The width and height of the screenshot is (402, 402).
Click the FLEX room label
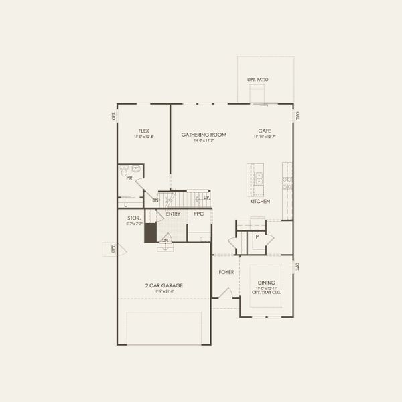(143, 131)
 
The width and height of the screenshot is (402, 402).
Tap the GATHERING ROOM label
(204, 135)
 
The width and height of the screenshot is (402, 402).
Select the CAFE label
(264, 131)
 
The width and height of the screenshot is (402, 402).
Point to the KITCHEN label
(260, 201)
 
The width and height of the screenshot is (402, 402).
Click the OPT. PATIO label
(258, 80)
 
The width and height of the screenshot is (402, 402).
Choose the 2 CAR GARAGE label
(164, 285)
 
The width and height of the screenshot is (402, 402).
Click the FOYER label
(226, 272)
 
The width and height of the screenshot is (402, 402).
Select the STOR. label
(134, 218)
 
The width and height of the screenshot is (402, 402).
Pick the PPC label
(198, 214)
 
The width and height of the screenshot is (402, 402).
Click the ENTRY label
(174, 214)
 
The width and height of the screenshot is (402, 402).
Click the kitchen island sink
(259, 178)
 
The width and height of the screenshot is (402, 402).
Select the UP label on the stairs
(206, 198)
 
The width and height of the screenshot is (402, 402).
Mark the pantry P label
(257, 237)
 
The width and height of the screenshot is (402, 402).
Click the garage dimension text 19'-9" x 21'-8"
(164, 291)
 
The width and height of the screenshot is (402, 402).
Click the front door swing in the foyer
(227, 293)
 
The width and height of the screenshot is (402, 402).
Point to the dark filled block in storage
(151, 232)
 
